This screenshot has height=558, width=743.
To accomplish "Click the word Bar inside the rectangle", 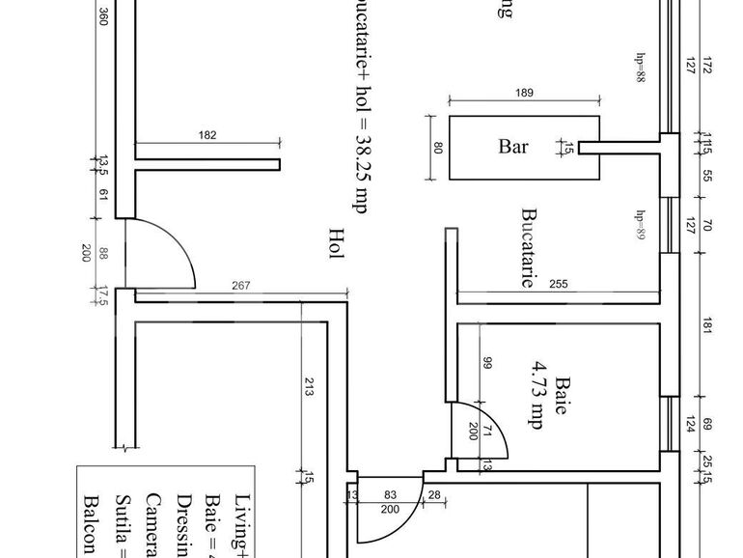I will pos(513,148).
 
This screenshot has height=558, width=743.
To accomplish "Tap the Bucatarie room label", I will pos(528,248).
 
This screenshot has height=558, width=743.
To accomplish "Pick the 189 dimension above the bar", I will pos(525,94).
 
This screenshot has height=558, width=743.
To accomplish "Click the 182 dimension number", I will pos(207,136).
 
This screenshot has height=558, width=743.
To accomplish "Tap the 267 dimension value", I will pos(242,285).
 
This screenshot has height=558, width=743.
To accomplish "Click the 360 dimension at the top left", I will pos(102,17).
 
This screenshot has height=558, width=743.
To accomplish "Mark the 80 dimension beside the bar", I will pos(437,148).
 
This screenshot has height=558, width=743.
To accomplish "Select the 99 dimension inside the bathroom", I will pos(487,365).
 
